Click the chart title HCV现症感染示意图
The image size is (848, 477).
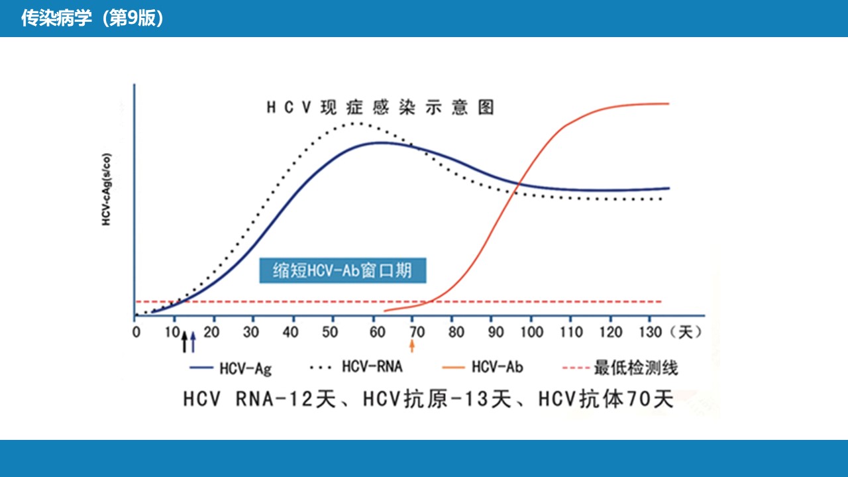(380, 107)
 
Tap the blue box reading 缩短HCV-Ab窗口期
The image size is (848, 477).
(343, 271)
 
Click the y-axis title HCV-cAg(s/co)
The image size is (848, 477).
(107, 189)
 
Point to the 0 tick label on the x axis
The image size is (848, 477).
(136, 332)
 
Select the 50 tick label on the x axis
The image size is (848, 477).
(330, 332)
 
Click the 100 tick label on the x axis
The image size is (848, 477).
(531, 332)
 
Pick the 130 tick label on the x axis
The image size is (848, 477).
(651, 332)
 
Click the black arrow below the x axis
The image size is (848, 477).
(184, 341)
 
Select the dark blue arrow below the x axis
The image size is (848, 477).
(193, 343)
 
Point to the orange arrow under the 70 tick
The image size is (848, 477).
(412, 346)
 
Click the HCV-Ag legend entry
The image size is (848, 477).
(231, 368)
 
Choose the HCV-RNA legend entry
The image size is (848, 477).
(356, 366)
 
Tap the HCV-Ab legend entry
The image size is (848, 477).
(483, 367)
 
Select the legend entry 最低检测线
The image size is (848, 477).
(619, 368)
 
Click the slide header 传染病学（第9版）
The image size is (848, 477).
(92, 18)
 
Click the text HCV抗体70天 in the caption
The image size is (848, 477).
(606, 399)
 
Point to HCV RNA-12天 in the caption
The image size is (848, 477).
(259, 399)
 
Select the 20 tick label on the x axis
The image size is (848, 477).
(211, 332)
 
